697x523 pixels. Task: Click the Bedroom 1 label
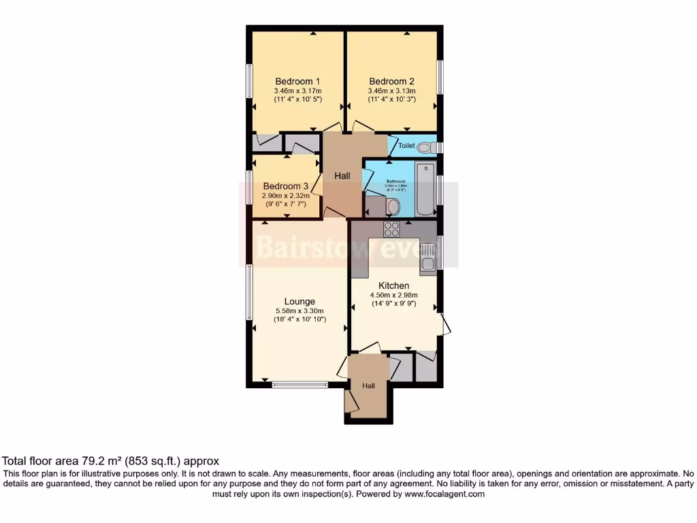tap(298, 81)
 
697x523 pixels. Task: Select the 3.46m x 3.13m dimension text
tap(391, 90)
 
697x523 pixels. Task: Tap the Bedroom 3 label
tap(286, 186)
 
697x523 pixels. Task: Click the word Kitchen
tap(393, 285)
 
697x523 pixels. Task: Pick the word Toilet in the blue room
tap(406, 146)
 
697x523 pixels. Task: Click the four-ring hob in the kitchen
tap(391, 229)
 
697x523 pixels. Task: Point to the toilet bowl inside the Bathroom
tap(394, 206)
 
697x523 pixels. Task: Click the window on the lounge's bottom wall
tap(299, 385)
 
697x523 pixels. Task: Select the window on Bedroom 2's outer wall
tap(440, 78)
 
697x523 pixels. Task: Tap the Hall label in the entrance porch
tap(368, 386)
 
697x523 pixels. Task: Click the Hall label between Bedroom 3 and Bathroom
tap(342, 176)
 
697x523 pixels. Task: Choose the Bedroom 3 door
tap(317, 185)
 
